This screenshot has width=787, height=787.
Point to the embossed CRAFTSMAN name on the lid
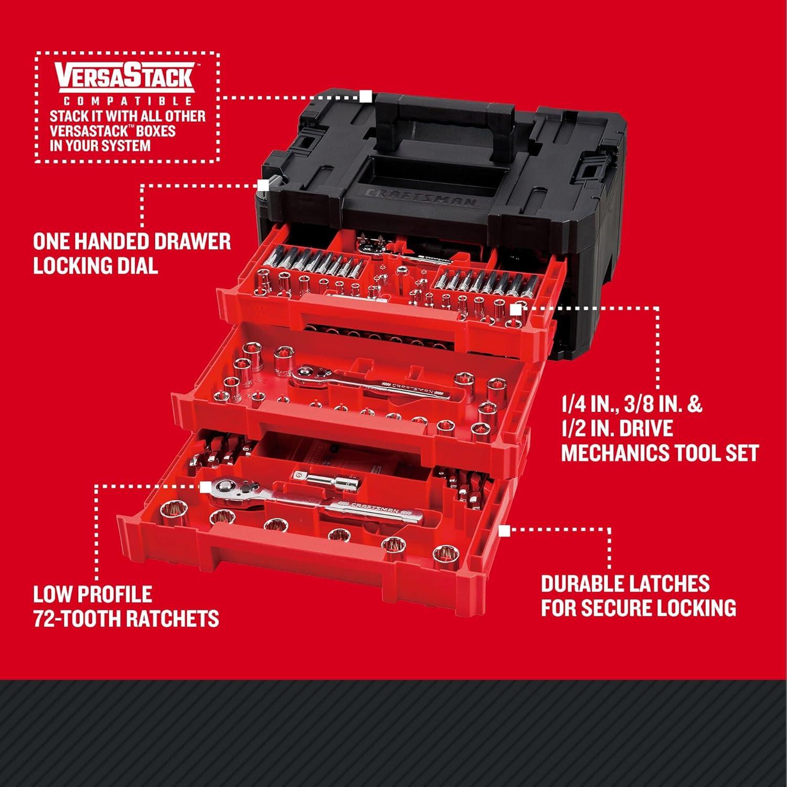(420, 198)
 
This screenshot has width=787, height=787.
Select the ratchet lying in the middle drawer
(367, 383)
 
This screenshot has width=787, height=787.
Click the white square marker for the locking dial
(263, 185)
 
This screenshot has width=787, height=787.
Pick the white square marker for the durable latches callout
(504, 531)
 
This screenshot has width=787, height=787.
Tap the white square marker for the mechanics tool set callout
(516, 310)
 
